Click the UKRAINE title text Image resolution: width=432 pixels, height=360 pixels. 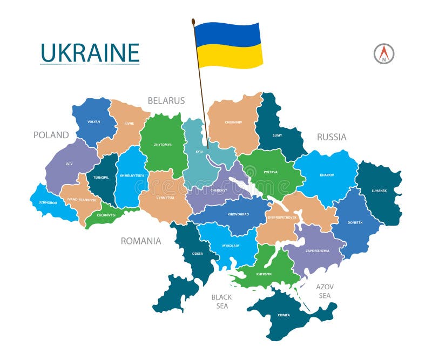click(x=90, y=53)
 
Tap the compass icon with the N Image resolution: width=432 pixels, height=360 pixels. click(x=384, y=54)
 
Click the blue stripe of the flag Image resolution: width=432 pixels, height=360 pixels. click(x=228, y=33)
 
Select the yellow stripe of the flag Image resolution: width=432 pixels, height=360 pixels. click(x=230, y=56)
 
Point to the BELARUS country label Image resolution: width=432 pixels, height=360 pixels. click(x=166, y=101)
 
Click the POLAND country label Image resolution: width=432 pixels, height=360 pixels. click(x=51, y=135)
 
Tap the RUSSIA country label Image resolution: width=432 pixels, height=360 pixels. click(x=332, y=137)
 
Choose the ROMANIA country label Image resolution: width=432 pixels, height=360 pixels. click(x=141, y=241)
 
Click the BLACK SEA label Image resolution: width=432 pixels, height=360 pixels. click(x=221, y=302)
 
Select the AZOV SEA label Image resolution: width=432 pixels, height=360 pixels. click(x=325, y=291)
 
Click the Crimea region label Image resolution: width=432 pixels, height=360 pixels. click(x=284, y=315)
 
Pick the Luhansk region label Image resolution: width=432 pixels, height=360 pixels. click(x=380, y=191)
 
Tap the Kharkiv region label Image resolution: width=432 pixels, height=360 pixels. click(x=327, y=175)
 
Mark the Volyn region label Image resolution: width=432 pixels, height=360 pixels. click(x=93, y=122)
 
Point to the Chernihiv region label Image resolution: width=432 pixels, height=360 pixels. click(x=233, y=122)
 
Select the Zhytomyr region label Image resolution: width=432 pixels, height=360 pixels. click(x=162, y=145)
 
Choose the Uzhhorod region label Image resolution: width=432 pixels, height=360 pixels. click(x=47, y=202)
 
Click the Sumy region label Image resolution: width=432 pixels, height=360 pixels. click(x=277, y=135)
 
